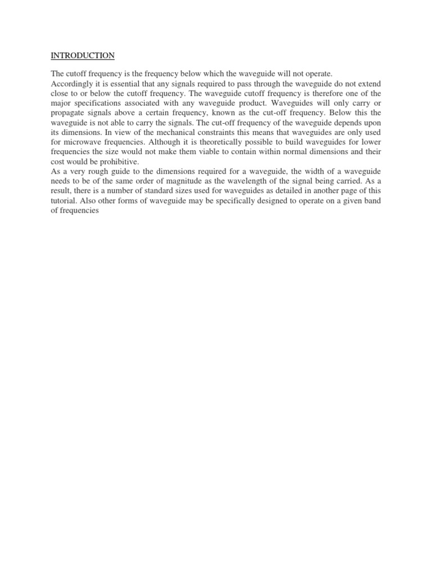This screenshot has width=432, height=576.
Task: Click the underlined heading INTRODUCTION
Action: (83, 56)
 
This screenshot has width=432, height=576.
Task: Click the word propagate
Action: (69, 112)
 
